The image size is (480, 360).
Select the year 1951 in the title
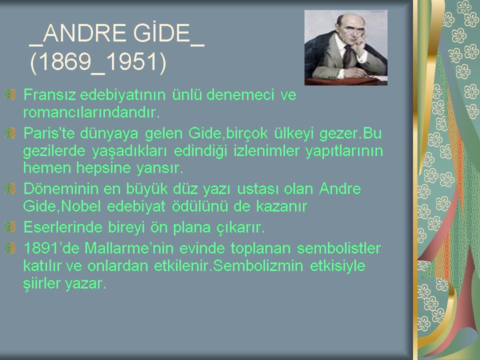(x=132, y=61)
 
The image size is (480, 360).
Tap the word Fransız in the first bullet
(x=49, y=94)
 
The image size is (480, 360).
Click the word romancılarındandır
(x=91, y=112)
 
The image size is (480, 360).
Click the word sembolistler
(x=338, y=248)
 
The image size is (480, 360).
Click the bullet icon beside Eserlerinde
(x=10, y=227)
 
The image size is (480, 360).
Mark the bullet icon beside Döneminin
(x=10, y=188)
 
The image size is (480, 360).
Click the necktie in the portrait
(x=347, y=55)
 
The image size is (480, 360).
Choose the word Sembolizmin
(x=258, y=265)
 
